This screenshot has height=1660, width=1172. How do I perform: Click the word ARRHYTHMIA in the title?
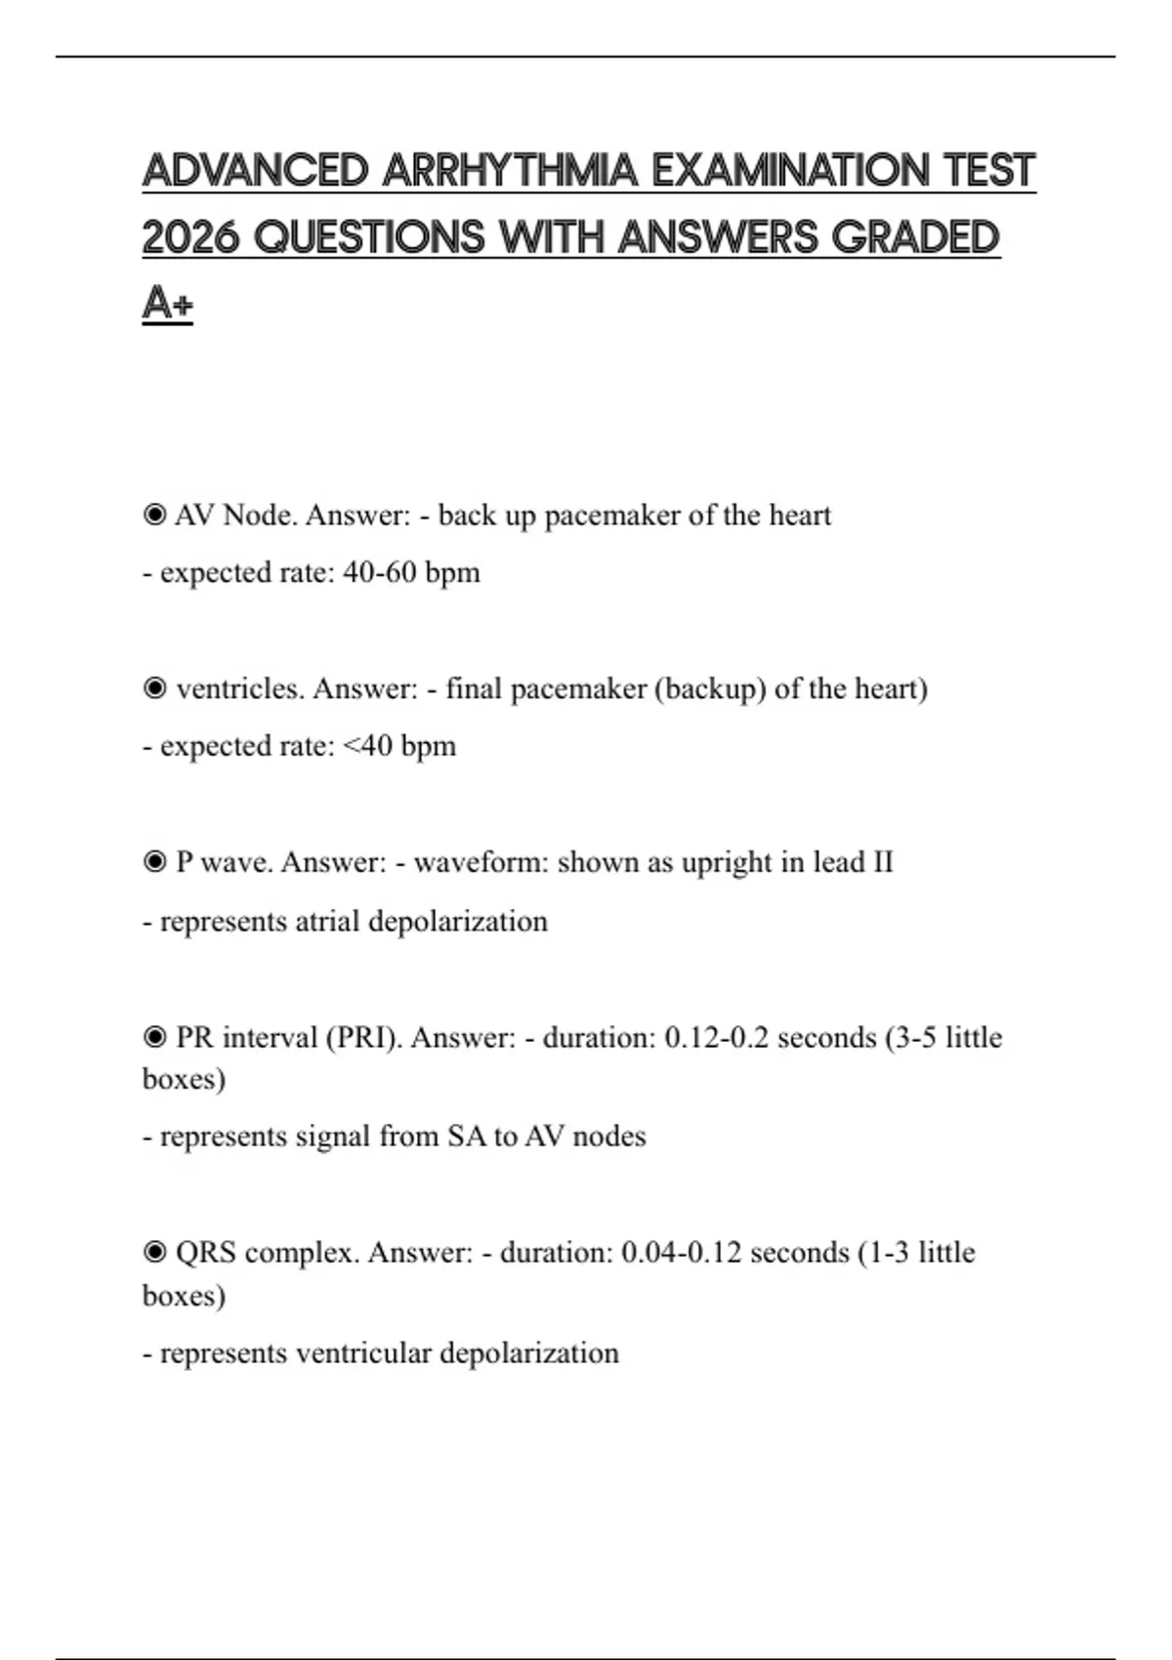tap(510, 171)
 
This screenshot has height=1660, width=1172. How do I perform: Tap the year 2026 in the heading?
tap(190, 237)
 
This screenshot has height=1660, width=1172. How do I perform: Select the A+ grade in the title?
tap(167, 303)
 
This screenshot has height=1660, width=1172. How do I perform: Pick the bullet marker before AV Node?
tap(154, 515)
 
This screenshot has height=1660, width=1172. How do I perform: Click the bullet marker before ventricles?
tap(154, 688)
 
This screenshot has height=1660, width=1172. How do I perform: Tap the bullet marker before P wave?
tap(154, 862)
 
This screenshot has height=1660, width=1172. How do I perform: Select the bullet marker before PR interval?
tap(154, 1037)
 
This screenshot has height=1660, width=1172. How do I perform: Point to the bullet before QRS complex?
tap(154, 1252)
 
